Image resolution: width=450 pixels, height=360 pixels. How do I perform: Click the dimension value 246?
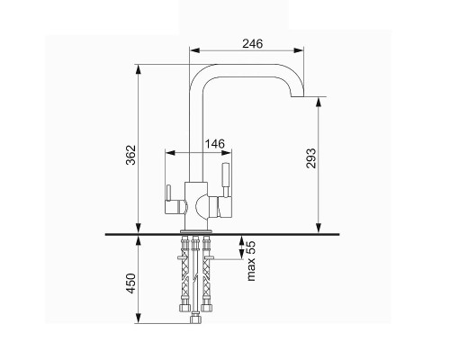pos(252,44)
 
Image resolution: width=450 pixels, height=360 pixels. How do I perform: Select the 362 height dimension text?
pos(131,155)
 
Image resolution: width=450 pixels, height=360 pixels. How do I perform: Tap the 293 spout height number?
pos(311,158)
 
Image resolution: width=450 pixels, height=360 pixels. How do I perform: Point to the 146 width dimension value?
pos(214,144)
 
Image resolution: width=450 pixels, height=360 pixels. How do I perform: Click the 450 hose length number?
pos(131,283)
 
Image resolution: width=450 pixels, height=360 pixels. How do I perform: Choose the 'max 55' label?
pos(251,261)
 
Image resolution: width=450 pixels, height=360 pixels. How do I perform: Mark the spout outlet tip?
pos(298,96)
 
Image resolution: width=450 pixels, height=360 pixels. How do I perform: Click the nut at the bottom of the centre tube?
pos(195,318)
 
